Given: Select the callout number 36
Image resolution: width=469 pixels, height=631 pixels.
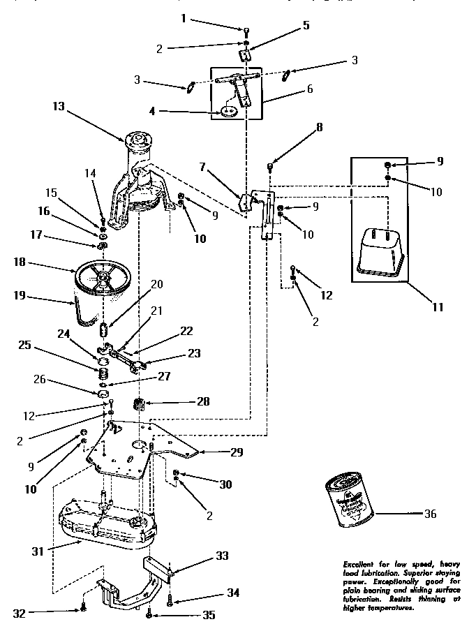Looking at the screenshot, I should coord(430,514).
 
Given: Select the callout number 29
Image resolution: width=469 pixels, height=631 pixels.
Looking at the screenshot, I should coord(237,452).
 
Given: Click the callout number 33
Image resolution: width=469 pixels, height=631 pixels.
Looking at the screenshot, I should coord(222,556).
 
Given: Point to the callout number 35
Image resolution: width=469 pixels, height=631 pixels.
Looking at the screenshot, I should coord(208,615).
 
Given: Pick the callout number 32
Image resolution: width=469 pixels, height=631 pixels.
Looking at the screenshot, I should coord(19,614).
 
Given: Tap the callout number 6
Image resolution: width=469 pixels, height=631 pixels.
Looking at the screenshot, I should coord(309,89).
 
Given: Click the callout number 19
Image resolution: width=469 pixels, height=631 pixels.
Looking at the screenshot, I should coord(19,295).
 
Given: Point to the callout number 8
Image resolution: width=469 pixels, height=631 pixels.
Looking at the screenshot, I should coord(320,128).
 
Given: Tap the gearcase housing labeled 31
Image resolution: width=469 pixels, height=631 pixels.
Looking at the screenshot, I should coord(105,524).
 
